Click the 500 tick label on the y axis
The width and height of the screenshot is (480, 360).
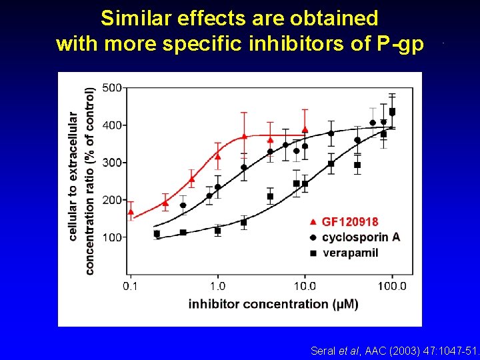pyautogui.click(x=112, y=88)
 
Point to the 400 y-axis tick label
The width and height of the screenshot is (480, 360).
pyautogui.click(x=112, y=125)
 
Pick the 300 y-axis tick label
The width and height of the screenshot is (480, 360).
pyautogui.click(x=112, y=163)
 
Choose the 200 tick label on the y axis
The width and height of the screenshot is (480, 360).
pyautogui.click(x=112, y=200)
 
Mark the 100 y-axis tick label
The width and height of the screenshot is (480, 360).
pyautogui.click(x=112, y=237)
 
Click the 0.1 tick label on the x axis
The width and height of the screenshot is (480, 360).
pyautogui.click(x=131, y=286)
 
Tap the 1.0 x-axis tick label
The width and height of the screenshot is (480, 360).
pyautogui.click(x=217, y=286)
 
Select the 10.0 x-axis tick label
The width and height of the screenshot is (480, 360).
pyautogui.click(x=305, y=286)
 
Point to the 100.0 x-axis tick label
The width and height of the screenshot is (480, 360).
pyautogui.click(x=392, y=286)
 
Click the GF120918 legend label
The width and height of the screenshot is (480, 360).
pyautogui.click(x=349, y=222)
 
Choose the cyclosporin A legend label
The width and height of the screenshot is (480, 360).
pyautogui.click(x=361, y=237)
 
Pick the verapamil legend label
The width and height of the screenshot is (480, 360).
pyautogui.click(x=349, y=253)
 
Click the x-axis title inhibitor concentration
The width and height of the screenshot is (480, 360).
pyautogui.click(x=273, y=304)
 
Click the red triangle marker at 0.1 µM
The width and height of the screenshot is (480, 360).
pyautogui.click(x=131, y=212)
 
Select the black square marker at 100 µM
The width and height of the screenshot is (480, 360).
pyautogui.click(x=392, y=111)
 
